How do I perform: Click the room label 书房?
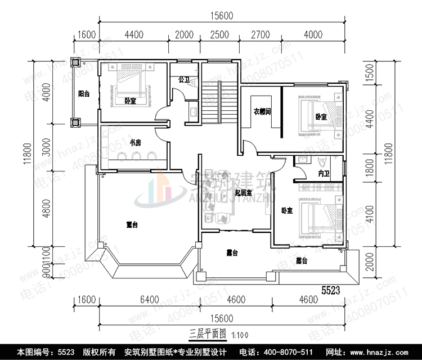[135, 143]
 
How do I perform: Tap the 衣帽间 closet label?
[262, 111]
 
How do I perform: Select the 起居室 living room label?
[244, 192]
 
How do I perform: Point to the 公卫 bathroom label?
[183, 80]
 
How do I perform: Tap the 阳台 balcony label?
[84, 94]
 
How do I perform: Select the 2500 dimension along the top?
[219, 35]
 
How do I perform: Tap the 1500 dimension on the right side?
[370, 74]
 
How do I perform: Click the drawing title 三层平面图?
[207, 333]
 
